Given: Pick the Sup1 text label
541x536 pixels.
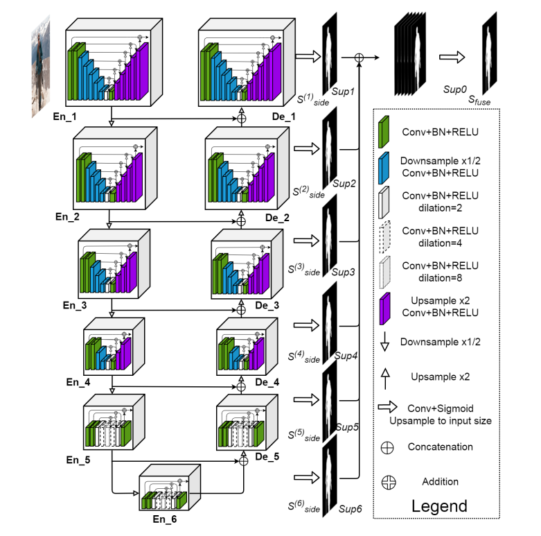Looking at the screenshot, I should pos(344,92).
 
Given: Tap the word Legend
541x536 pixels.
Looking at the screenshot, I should pos(439,505).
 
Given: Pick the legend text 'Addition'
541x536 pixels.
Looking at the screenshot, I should pos(440,481).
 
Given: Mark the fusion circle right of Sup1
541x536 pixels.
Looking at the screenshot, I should pos(359,58).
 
